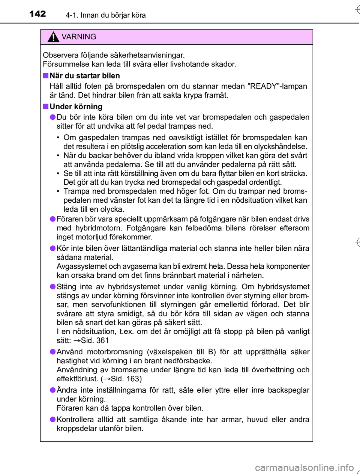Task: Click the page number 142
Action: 37,14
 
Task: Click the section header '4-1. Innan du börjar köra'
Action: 105,15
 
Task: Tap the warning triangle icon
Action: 54,37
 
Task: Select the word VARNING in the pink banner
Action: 79,37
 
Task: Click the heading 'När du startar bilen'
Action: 85,76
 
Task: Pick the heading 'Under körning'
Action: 76,107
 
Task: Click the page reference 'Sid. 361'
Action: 94,341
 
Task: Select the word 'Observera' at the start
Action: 60,55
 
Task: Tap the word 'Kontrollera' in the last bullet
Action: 75,420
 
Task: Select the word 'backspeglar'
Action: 288,390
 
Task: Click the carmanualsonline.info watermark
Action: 304,468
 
